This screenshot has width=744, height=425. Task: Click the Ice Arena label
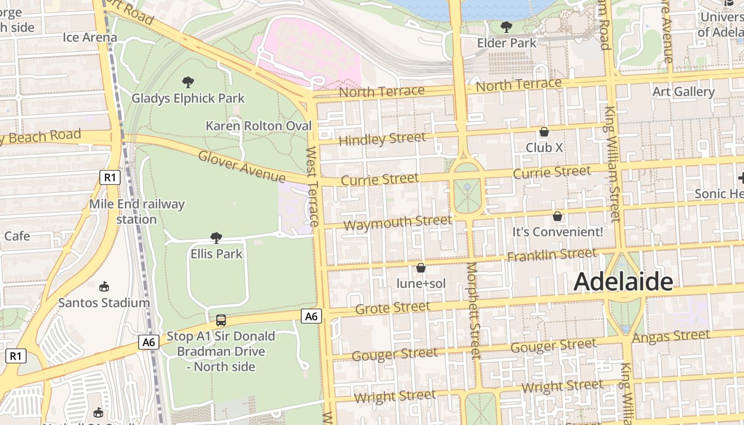pos(90,37)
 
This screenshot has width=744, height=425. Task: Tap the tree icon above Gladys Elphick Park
pos(188,82)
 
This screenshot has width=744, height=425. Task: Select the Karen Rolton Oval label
pos(258,126)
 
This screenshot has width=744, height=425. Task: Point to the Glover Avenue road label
pos(242,166)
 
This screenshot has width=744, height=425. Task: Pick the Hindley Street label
pos(382,140)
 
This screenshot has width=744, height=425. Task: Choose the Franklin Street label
pos(551,256)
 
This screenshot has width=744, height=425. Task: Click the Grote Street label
pos(393,308)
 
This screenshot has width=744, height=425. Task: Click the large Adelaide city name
pos(623,282)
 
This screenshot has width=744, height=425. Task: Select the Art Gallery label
pos(683,92)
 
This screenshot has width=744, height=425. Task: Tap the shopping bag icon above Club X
pos(544,132)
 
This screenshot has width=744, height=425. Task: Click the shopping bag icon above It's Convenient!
pos(557,216)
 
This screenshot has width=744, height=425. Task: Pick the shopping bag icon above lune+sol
pos(421,268)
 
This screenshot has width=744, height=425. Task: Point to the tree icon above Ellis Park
pos(216,237)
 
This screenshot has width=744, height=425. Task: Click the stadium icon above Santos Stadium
pos(104,287)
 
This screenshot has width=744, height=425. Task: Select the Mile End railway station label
pos(137,211)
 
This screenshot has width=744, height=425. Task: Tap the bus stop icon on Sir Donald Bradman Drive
pos(221,320)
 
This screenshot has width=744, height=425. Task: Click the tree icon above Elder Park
pos(506,27)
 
